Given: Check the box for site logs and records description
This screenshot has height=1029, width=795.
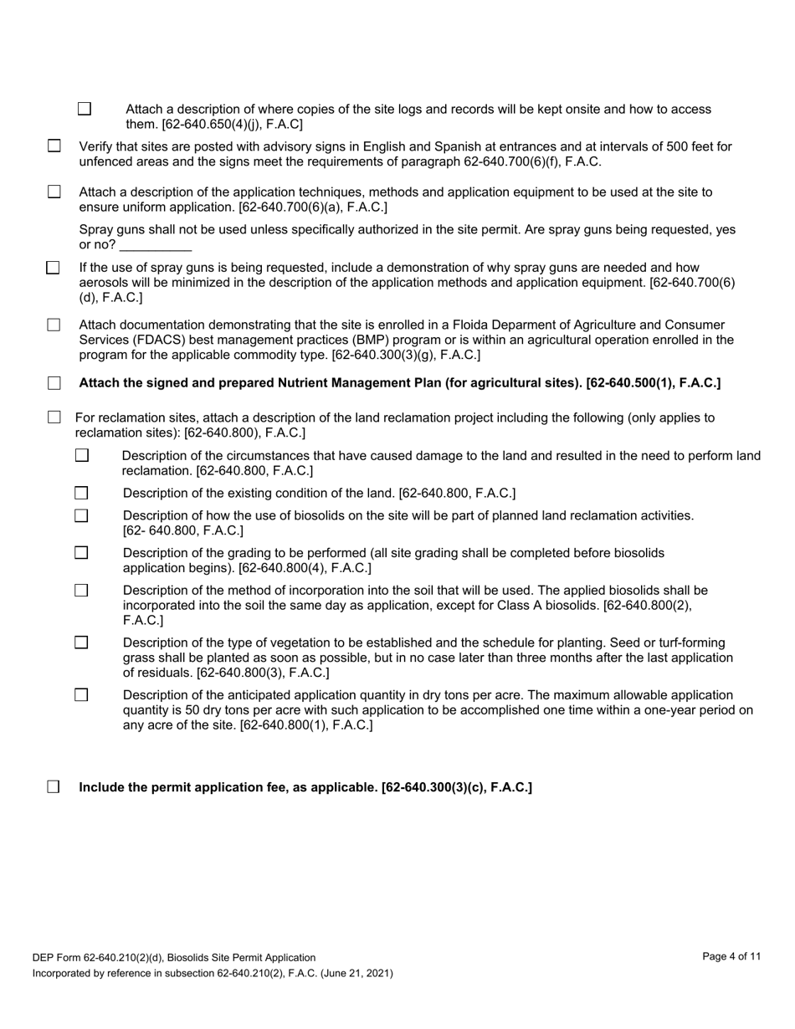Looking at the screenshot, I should (x=85, y=109).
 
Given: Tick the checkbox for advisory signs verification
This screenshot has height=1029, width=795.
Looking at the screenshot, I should (x=54, y=146).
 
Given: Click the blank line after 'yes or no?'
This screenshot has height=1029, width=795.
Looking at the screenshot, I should (x=156, y=245).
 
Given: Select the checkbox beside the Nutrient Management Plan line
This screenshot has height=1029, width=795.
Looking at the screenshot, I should (x=54, y=383).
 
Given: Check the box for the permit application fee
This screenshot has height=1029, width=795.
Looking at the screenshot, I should (x=54, y=787).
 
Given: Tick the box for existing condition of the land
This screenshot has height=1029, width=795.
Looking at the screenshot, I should (x=81, y=493).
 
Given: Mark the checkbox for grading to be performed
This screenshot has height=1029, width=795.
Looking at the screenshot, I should (x=81, y=553).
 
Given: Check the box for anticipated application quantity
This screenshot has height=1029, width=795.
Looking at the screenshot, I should (x=81, y=695).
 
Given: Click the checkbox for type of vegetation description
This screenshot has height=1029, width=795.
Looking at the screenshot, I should (x=81, y=642).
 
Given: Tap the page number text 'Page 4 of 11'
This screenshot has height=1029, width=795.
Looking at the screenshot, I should (x=731, y=957).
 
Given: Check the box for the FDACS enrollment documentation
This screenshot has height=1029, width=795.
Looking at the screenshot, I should (x=54, y=325).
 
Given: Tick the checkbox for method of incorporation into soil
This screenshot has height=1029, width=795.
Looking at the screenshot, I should (x=81, y=591).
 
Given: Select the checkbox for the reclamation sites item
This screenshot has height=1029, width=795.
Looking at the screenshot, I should (x=54, y=417).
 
